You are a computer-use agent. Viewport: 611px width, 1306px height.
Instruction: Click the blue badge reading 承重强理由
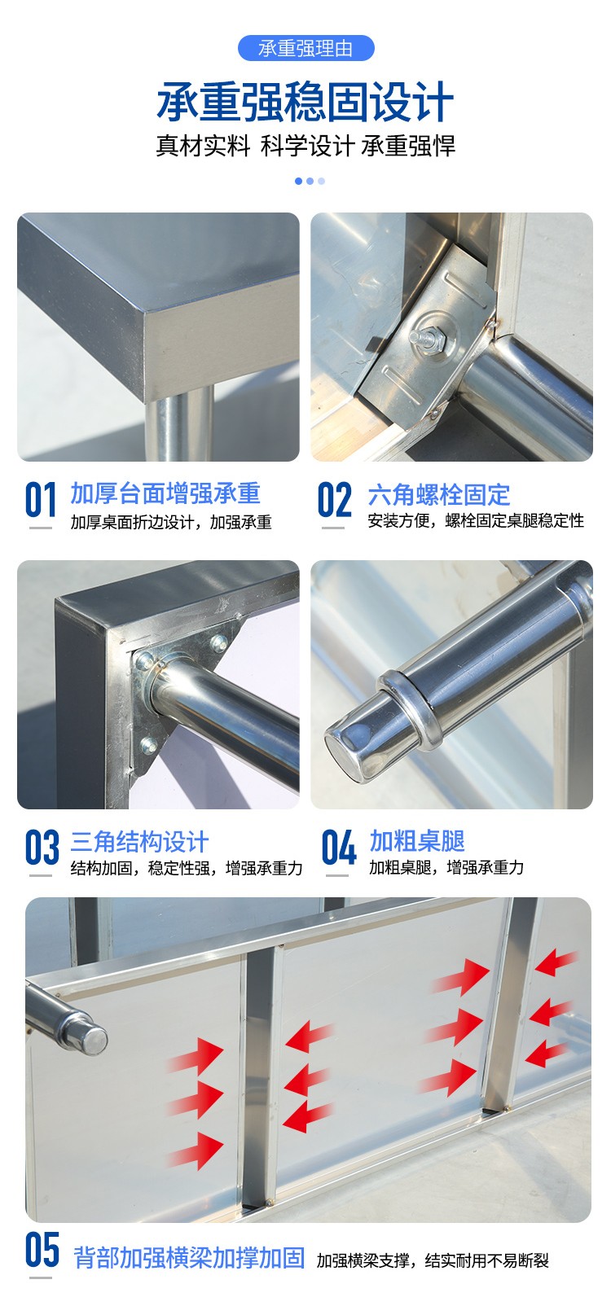coord(305,48)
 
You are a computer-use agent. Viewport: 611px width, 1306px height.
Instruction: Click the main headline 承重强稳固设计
coord(305,102)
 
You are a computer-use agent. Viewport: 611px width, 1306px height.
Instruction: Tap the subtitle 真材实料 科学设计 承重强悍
coord(305,145)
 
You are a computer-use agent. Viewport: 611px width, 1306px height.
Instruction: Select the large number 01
coord(41,500)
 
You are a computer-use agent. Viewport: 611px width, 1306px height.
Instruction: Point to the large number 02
coord(334,500)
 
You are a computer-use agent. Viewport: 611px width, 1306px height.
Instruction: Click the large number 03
coord(42,847)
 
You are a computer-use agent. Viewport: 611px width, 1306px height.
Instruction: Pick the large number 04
coord(339,847)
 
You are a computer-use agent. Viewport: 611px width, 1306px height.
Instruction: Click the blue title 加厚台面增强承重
coord(165,493)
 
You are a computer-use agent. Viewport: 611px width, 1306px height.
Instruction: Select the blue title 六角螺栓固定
coord(439,495)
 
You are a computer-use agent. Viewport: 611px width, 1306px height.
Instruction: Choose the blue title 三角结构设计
coord(139,842)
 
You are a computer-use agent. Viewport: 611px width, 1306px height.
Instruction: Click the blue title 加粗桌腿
coord(417,841)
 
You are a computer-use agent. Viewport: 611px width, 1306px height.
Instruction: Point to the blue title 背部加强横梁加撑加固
coord(189,1258)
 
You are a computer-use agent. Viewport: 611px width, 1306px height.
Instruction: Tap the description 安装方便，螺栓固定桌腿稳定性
coord(476,520)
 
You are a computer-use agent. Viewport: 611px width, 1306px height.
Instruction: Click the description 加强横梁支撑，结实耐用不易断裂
coord(433,1260)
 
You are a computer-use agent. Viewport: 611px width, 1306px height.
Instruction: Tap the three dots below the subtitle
coord(310,182)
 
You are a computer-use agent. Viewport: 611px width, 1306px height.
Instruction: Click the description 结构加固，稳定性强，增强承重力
coord(187,868)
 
